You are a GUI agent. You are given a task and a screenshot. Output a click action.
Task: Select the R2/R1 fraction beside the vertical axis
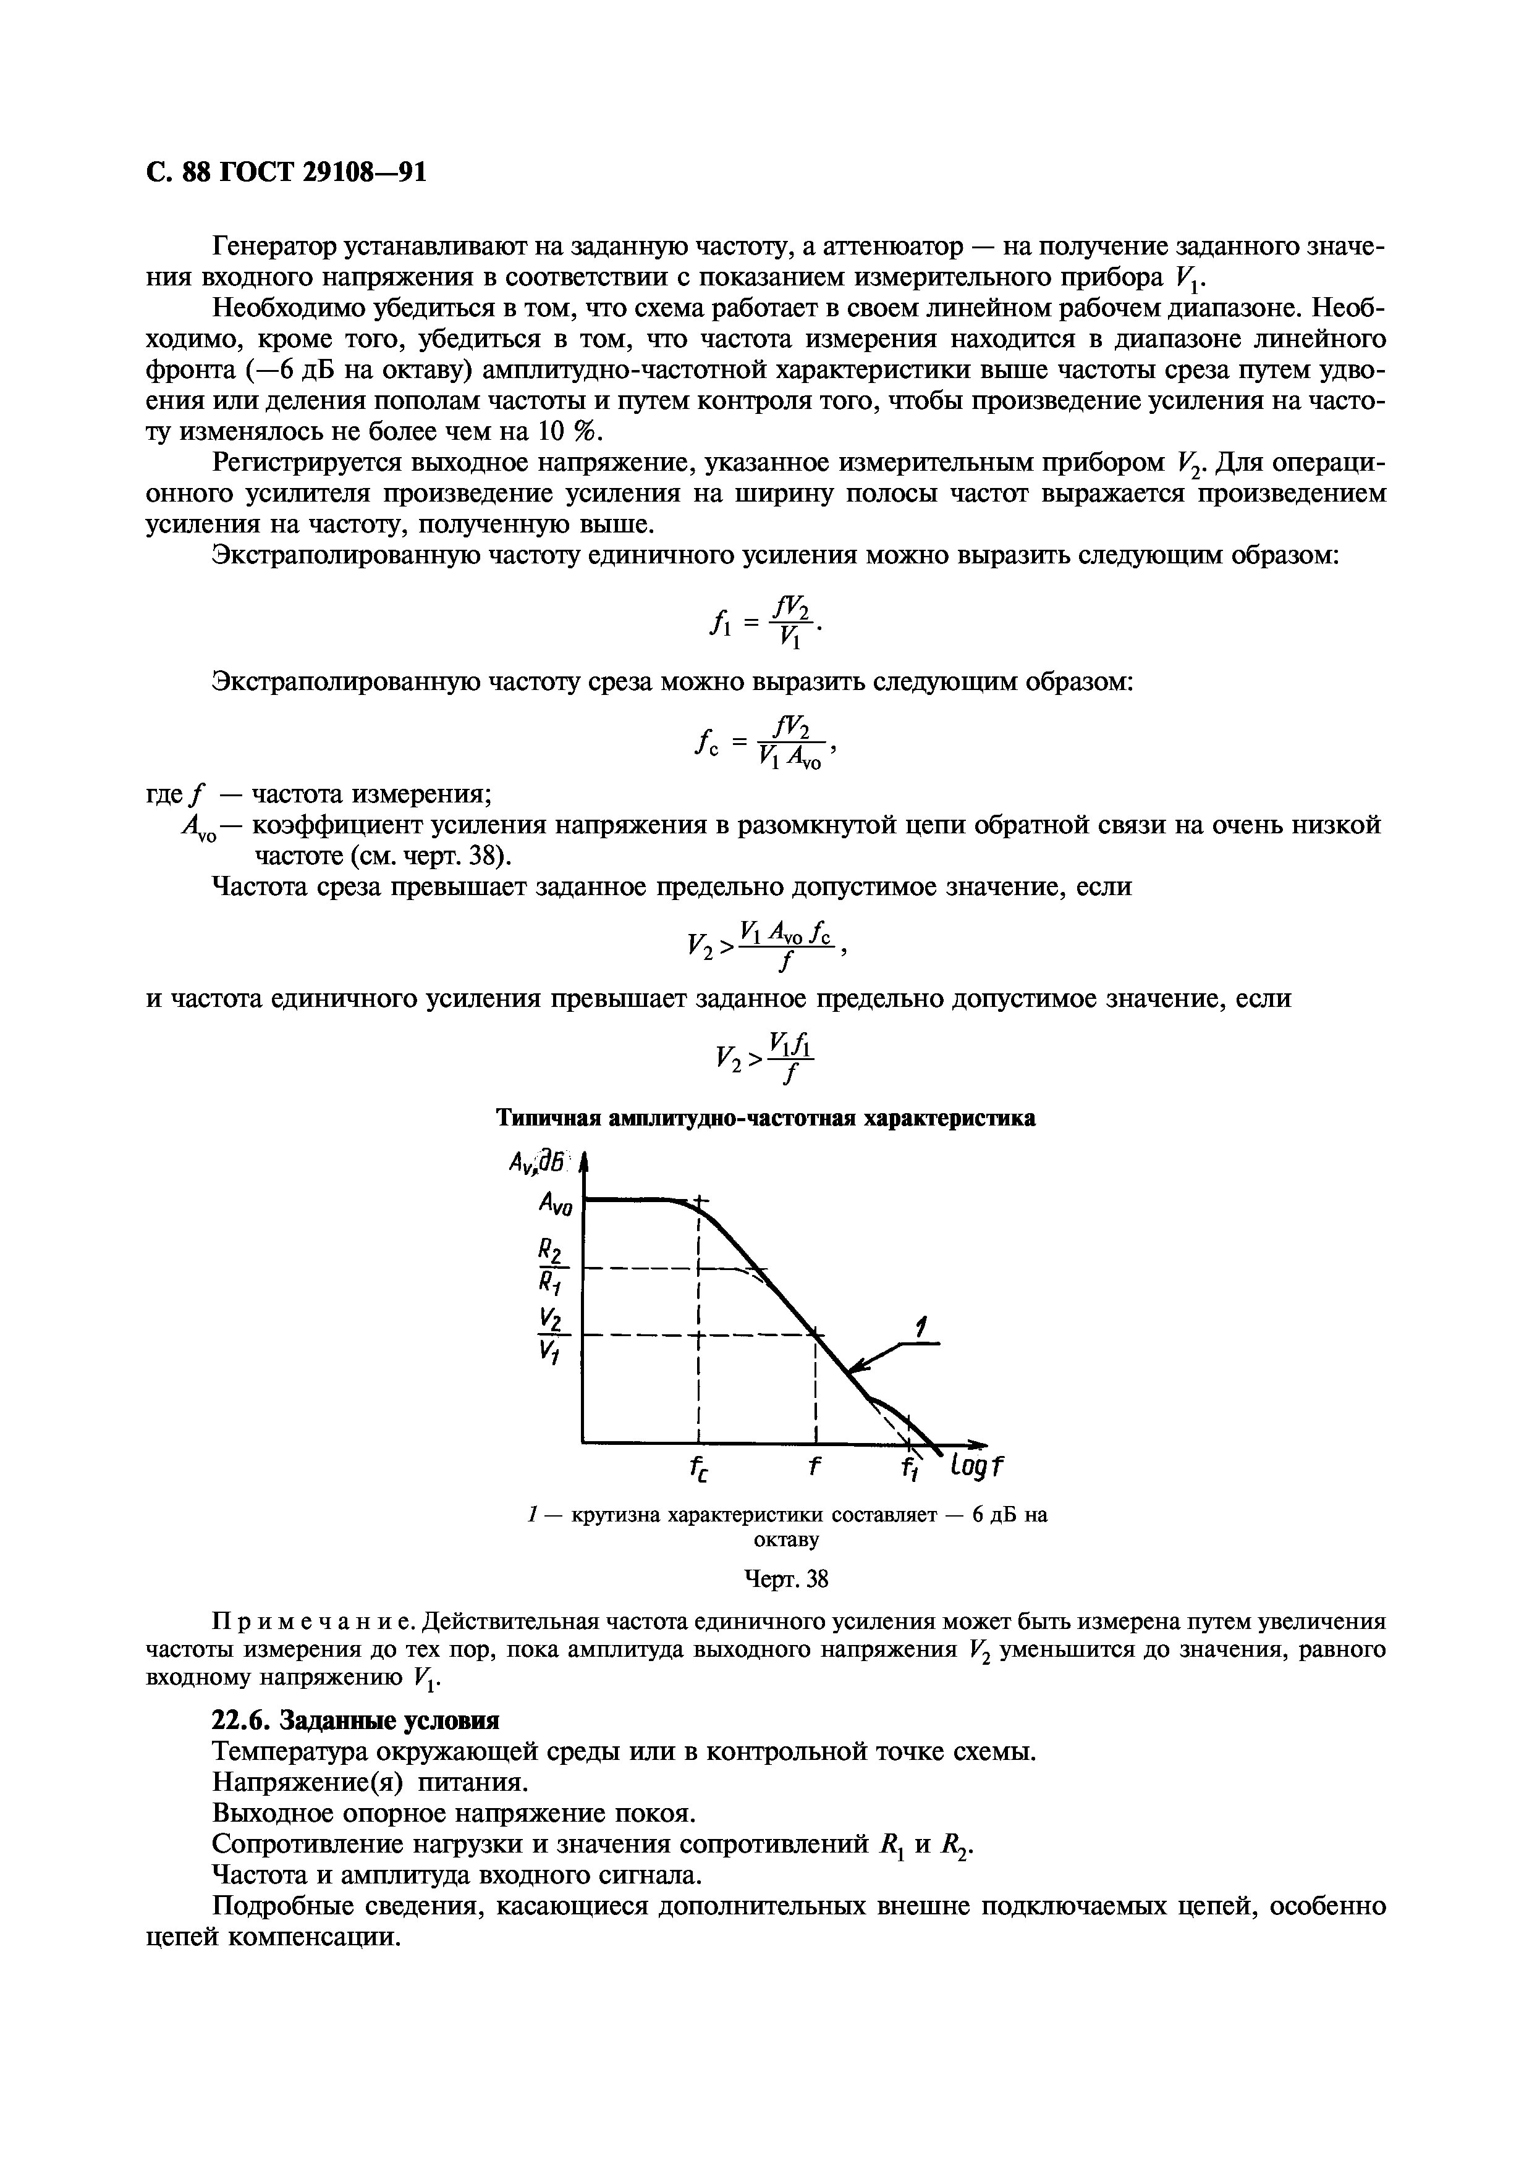click(549, 1266)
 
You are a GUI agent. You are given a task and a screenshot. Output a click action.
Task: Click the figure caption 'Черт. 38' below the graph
click(785, 1579)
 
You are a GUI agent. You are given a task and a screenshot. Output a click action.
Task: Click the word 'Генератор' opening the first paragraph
click(282, 247)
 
